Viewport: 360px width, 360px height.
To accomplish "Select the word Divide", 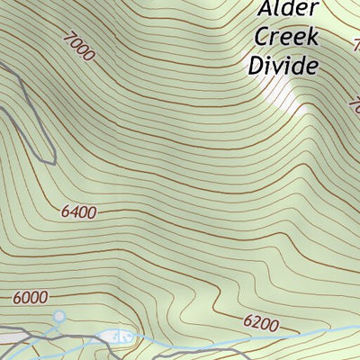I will (284, 66).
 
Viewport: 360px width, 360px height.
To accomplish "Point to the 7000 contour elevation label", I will (78, 46).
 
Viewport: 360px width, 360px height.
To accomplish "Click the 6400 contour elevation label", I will (79, 212).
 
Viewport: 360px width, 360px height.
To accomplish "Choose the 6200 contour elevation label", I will (261, 322).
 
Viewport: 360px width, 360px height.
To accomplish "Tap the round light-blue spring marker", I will (59, 316).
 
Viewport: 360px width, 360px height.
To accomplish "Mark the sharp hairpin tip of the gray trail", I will (54, 163).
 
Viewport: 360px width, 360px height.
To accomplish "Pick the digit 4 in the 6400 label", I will (74, 212).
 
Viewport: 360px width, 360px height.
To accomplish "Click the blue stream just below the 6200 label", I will (261, 336).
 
